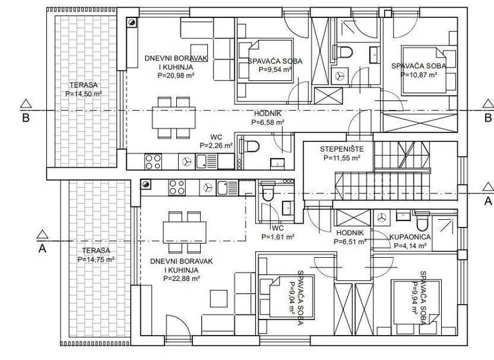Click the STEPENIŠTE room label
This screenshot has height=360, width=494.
point(338,149)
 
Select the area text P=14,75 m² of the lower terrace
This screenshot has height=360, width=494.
point(93,259)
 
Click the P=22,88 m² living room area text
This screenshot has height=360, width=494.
point(182,279)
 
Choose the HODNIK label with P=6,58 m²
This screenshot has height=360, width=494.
point(268,113)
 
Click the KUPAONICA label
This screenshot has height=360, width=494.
point(410,237)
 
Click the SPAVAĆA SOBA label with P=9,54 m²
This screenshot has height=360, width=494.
point(275,62)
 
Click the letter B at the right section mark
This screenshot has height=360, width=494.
point(488,118)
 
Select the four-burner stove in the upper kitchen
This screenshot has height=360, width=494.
point(153,161)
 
